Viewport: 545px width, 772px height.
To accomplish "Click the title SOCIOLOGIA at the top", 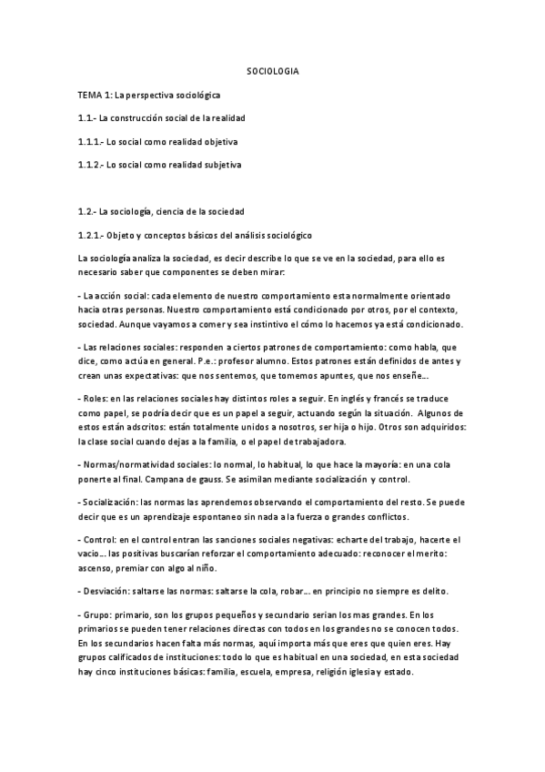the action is click(273, 70).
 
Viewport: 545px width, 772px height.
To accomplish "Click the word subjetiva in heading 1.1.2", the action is click(224, 165).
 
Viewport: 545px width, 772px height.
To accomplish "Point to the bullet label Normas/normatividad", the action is click(126, 463).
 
